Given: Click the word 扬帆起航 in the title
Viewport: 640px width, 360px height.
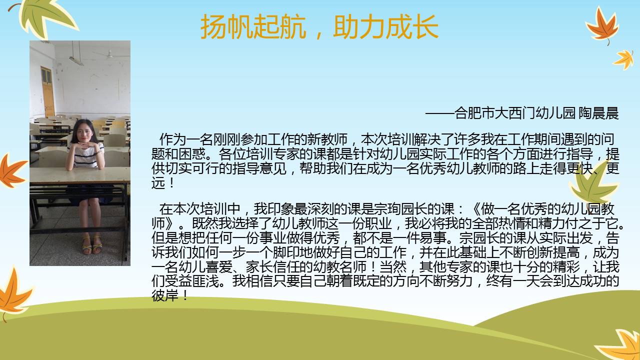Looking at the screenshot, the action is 253,26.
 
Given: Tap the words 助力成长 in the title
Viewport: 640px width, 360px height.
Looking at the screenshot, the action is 385,26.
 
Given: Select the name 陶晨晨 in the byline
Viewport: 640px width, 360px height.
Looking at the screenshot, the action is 599,113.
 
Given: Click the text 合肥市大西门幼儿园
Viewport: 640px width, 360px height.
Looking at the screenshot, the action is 515,113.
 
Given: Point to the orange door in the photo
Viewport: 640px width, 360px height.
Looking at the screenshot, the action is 47,92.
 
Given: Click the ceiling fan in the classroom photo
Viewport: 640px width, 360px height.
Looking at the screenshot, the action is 110,54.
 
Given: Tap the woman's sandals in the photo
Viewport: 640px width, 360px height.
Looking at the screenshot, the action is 92,245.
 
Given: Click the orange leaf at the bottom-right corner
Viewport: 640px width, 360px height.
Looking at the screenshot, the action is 620,345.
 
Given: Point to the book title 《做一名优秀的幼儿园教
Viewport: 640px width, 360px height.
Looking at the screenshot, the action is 542,209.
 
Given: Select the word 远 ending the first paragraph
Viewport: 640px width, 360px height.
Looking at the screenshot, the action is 158,183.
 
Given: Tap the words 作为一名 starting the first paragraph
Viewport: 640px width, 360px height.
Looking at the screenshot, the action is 186,139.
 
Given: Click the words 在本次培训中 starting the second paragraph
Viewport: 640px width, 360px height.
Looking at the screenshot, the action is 199,209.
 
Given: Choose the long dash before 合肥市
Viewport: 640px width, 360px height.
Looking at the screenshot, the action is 439,113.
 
